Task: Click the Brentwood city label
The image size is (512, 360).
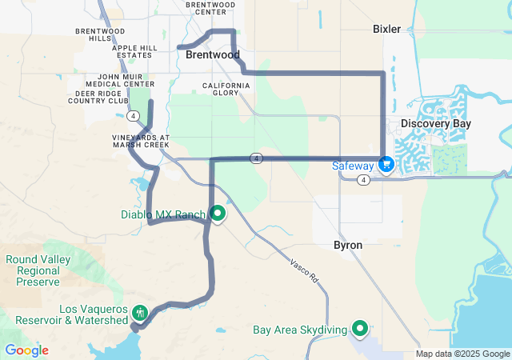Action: pos(212,56)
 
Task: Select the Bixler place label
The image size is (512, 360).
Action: pos(386,29)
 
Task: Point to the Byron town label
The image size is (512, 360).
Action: pos(348,245)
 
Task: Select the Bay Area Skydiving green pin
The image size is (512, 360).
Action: pos(360,328)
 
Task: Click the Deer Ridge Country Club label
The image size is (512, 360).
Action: pos(98,98)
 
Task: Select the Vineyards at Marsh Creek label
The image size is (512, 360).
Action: pos(141,141)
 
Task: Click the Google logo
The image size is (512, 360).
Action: pos(26,350)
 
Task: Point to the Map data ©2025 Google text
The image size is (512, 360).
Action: pos(462,354)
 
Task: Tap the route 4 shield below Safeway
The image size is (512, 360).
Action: pos(364,180)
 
